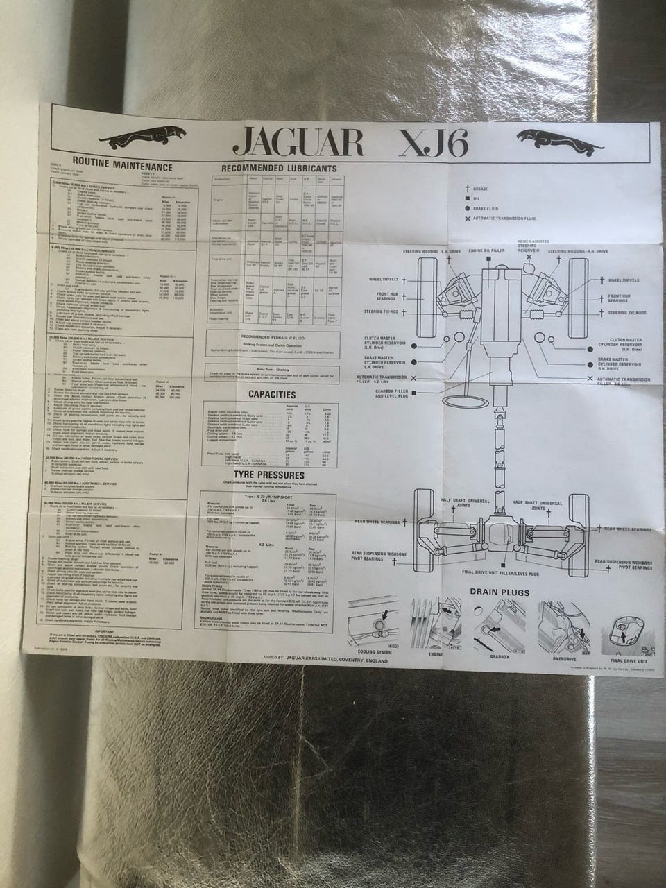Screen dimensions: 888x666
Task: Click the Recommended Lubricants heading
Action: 278,168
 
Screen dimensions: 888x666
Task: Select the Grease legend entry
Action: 479,188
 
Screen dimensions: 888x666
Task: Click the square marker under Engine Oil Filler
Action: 490,258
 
